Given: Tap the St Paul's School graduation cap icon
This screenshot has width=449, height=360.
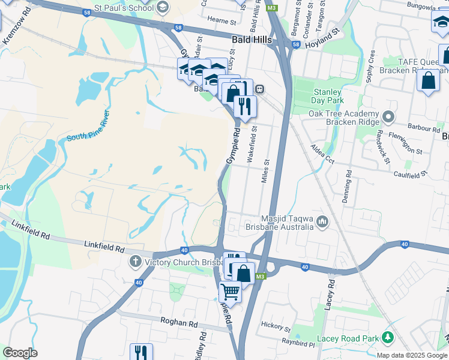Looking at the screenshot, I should pos(162,7).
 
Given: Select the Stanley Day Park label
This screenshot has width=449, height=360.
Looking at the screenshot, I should pos(327,97).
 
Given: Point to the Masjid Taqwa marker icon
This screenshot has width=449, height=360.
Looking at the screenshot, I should pos(322,222).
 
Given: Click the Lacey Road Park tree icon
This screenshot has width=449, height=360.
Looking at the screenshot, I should pos(388,338).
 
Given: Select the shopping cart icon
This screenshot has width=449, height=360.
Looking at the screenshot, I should pos(230,292).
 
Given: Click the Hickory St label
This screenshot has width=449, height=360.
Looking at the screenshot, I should pos(276,326).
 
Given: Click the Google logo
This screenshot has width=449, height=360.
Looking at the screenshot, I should pos(20,352).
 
